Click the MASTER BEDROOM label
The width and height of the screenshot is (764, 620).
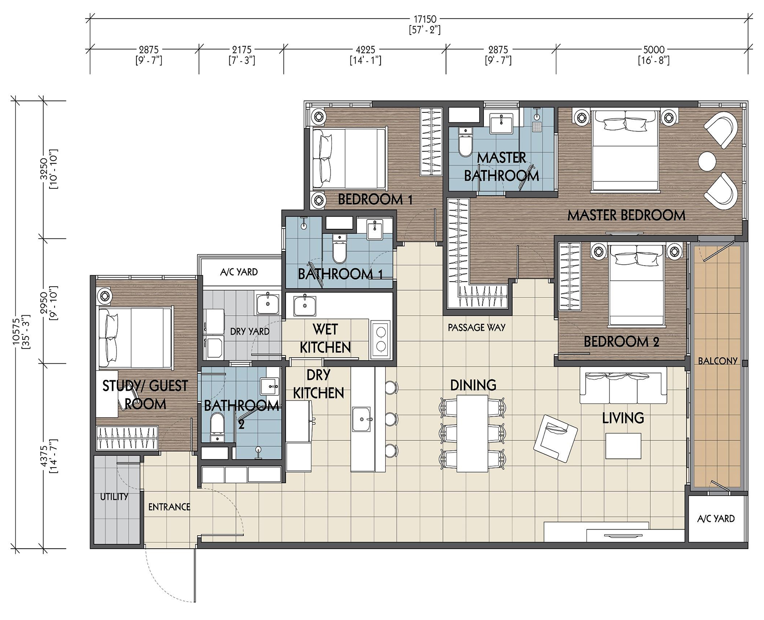click(x=626, y=215)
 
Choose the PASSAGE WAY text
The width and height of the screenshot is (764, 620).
click(x=477, y=328)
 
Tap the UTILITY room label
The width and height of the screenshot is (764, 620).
click(x=114, y=497)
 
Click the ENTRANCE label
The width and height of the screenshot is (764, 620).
click(x=169, y=507)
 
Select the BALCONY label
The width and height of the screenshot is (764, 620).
click(x=718, y=361)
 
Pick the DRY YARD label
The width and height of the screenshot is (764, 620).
click(x=250, y=332)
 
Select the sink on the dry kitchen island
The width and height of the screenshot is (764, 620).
click(x=362, y=419)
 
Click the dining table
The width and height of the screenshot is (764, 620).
click(x=472, y=433)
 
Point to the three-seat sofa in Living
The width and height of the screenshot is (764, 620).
click(x=623, y=386)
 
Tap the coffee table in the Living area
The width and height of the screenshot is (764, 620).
click(x=623, y=446)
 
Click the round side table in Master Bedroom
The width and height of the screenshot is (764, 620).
click(x=707, y=161)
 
